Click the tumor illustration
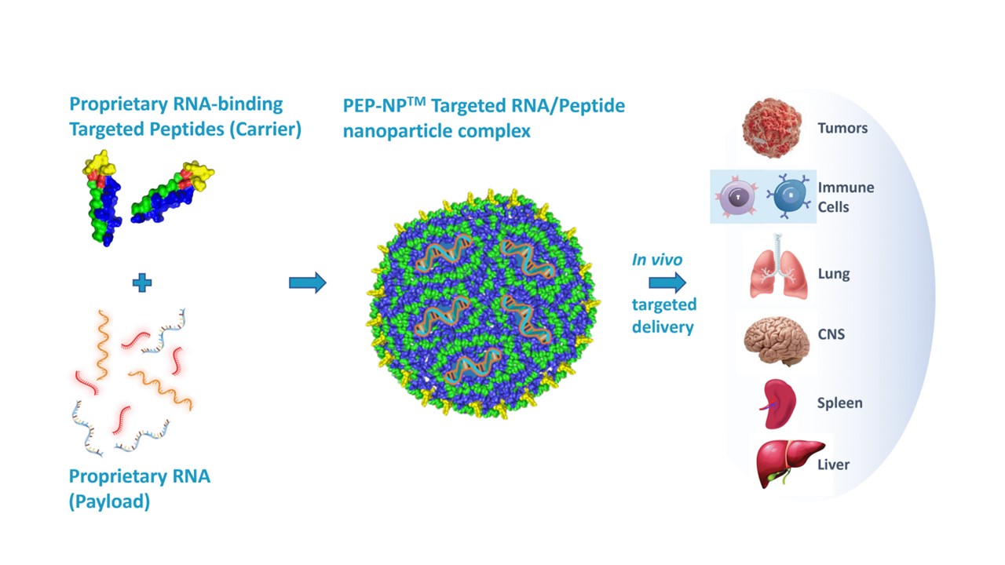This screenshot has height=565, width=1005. (x=772, y=128)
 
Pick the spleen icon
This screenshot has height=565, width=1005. (x=777, y=404)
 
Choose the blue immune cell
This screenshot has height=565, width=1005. (x=790, y=196)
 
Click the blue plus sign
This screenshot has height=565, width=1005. (x=142, y=282)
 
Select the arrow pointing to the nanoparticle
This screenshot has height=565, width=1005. (x=307, y=282)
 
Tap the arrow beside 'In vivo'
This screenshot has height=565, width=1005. (x=667, y=282)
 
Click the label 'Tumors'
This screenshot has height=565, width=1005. (x=842, y=128)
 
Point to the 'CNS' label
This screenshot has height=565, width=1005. (x=831, y=334)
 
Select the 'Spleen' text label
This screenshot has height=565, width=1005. (x=839, y=403)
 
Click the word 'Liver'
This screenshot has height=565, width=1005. (x=833, y=465)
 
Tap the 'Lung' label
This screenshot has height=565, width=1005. (x=833, y=274)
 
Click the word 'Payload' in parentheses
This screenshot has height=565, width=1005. (x=109, y=501)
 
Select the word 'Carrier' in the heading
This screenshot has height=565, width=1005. (x=266, y=129)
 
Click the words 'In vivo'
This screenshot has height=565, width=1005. (x=657, y=260)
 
